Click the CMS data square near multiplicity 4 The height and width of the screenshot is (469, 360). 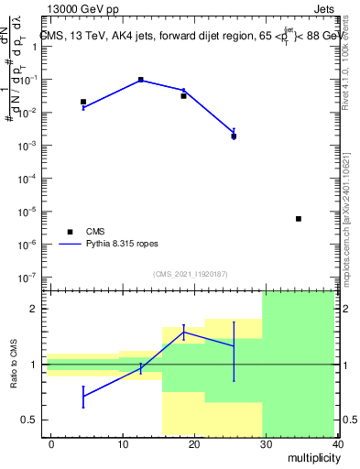coord(83,102)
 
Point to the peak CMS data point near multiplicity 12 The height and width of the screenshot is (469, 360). coord(141,80)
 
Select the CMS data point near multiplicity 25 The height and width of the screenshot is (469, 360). coord(234,136)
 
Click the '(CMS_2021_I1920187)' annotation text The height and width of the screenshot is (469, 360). coord(190,274)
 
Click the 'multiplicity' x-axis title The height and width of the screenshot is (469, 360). coord(312,458)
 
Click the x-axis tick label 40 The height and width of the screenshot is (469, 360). coord(337,444)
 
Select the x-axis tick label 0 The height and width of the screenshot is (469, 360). coord(51,444)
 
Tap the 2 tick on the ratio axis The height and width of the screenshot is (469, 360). coord(33,309)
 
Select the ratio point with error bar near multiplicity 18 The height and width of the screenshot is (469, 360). coord(184,333)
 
